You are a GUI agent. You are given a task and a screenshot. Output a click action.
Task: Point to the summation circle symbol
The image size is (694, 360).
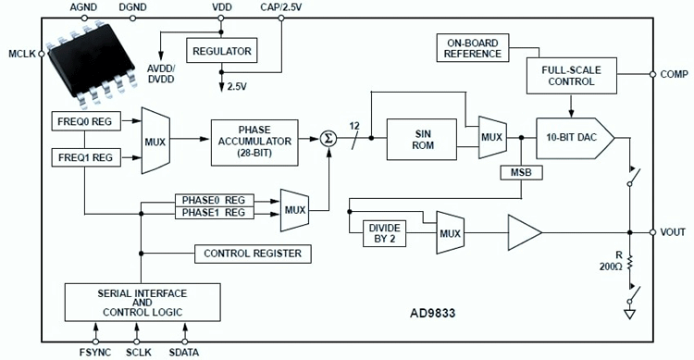(328, 139)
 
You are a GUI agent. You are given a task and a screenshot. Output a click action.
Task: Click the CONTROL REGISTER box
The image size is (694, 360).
(252, 253)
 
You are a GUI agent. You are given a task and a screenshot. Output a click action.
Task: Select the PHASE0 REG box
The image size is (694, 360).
(214, 199)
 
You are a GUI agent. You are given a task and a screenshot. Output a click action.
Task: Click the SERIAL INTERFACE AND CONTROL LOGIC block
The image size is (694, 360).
(143, 300)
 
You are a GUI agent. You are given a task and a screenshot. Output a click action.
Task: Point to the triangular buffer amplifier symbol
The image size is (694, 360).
(523, 232)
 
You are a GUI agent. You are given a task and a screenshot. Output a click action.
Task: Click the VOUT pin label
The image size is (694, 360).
(671, 232)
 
